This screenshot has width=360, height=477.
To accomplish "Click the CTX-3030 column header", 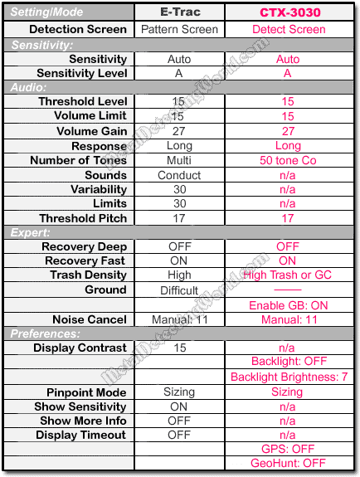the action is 288,12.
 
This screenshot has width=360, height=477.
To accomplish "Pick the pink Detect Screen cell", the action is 288,29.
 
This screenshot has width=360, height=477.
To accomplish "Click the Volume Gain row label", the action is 91,131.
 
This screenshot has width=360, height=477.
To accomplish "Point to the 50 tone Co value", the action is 288,160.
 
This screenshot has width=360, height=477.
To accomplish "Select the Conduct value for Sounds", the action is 178,175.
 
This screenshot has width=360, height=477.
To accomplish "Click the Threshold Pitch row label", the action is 83,218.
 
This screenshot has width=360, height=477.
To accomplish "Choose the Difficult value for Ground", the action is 178,290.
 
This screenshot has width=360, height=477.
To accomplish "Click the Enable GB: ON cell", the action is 288,305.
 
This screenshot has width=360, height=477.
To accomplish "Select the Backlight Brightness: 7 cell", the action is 288,377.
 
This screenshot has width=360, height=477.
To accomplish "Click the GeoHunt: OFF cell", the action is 288,463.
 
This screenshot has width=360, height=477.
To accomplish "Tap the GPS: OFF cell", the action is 288,449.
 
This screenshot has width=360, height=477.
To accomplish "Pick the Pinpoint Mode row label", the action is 86,392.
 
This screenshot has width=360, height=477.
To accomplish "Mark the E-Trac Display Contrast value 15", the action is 178,348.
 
